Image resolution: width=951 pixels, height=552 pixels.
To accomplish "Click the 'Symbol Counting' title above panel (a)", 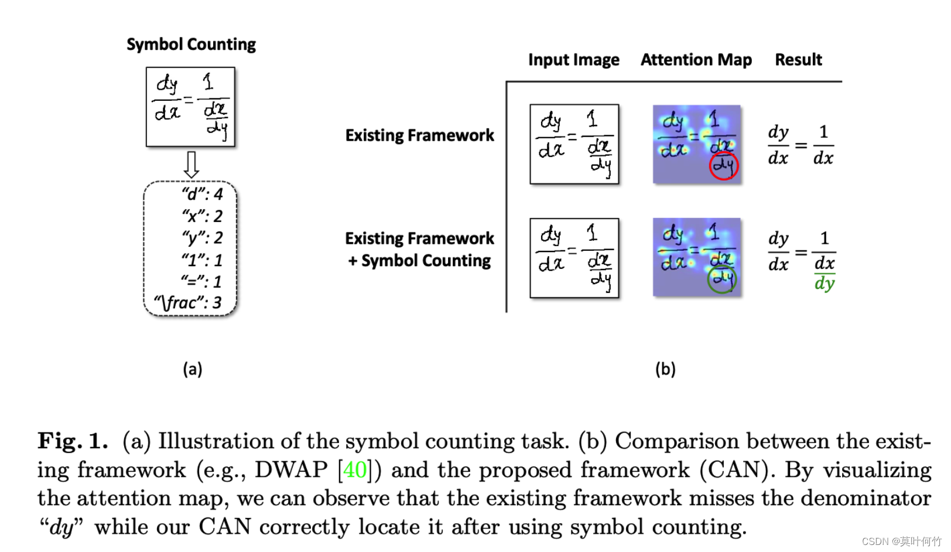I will (x=191, y=45).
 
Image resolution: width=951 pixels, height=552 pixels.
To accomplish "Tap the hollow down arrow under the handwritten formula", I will (x=191, y=165).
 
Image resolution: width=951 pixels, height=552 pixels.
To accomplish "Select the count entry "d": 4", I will (x=202, y=194).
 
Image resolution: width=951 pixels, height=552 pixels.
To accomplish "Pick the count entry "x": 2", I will (x=202, y=216).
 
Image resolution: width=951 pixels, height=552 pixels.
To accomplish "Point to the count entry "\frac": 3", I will (x=188, y=302).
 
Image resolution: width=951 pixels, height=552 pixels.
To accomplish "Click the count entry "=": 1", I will (x=202, y=281).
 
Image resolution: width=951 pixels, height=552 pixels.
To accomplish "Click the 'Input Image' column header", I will (x=573, y=60).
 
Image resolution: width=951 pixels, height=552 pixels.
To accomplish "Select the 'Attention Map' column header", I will (x=696, y=60).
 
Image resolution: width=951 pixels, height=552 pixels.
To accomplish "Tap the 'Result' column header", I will (x=798, y=60).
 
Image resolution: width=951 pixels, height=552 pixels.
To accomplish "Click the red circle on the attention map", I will (x=724, y=166).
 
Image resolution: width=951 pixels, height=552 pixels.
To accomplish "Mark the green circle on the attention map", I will (x=722, y=279).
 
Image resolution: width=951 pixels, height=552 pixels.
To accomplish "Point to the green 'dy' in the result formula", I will (x=825, y=284).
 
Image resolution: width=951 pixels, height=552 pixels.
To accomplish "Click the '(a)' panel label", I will (x=192, y=369).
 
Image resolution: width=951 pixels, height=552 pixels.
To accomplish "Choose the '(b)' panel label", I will (x=665, y=369).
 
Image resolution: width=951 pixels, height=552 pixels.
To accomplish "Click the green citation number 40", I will (x=355, y=470).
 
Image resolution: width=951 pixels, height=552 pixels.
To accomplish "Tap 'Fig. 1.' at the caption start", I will (x=73, y=441).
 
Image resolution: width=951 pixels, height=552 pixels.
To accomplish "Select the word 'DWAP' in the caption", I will (x=291, y=470).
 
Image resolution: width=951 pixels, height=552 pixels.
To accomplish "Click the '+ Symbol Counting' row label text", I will (x=419, y=261).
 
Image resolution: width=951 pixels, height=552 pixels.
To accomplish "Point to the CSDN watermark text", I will (x=901, y=541).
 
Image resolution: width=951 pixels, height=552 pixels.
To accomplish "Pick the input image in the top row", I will (x=574, y=144).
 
